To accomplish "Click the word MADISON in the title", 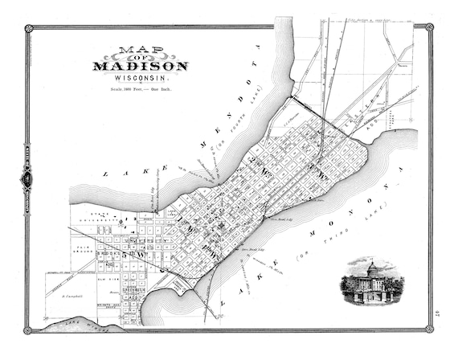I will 141,66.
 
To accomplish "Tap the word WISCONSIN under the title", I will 140,79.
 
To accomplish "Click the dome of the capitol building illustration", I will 371,265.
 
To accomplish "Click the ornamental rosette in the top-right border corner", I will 429,28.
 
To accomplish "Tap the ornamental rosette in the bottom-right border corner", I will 429,329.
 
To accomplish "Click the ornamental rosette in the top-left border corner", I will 29,28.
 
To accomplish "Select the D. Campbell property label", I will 72,298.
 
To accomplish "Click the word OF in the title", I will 141,57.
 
